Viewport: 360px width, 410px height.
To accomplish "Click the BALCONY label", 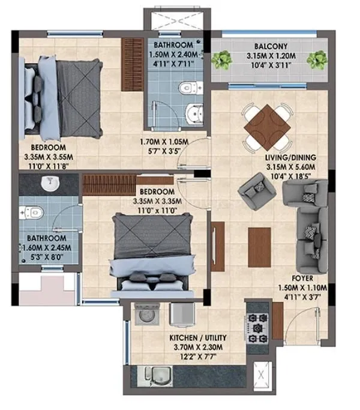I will click(x=269, y=45).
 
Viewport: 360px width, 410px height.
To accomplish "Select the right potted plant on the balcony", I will click(x=316, y=59).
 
